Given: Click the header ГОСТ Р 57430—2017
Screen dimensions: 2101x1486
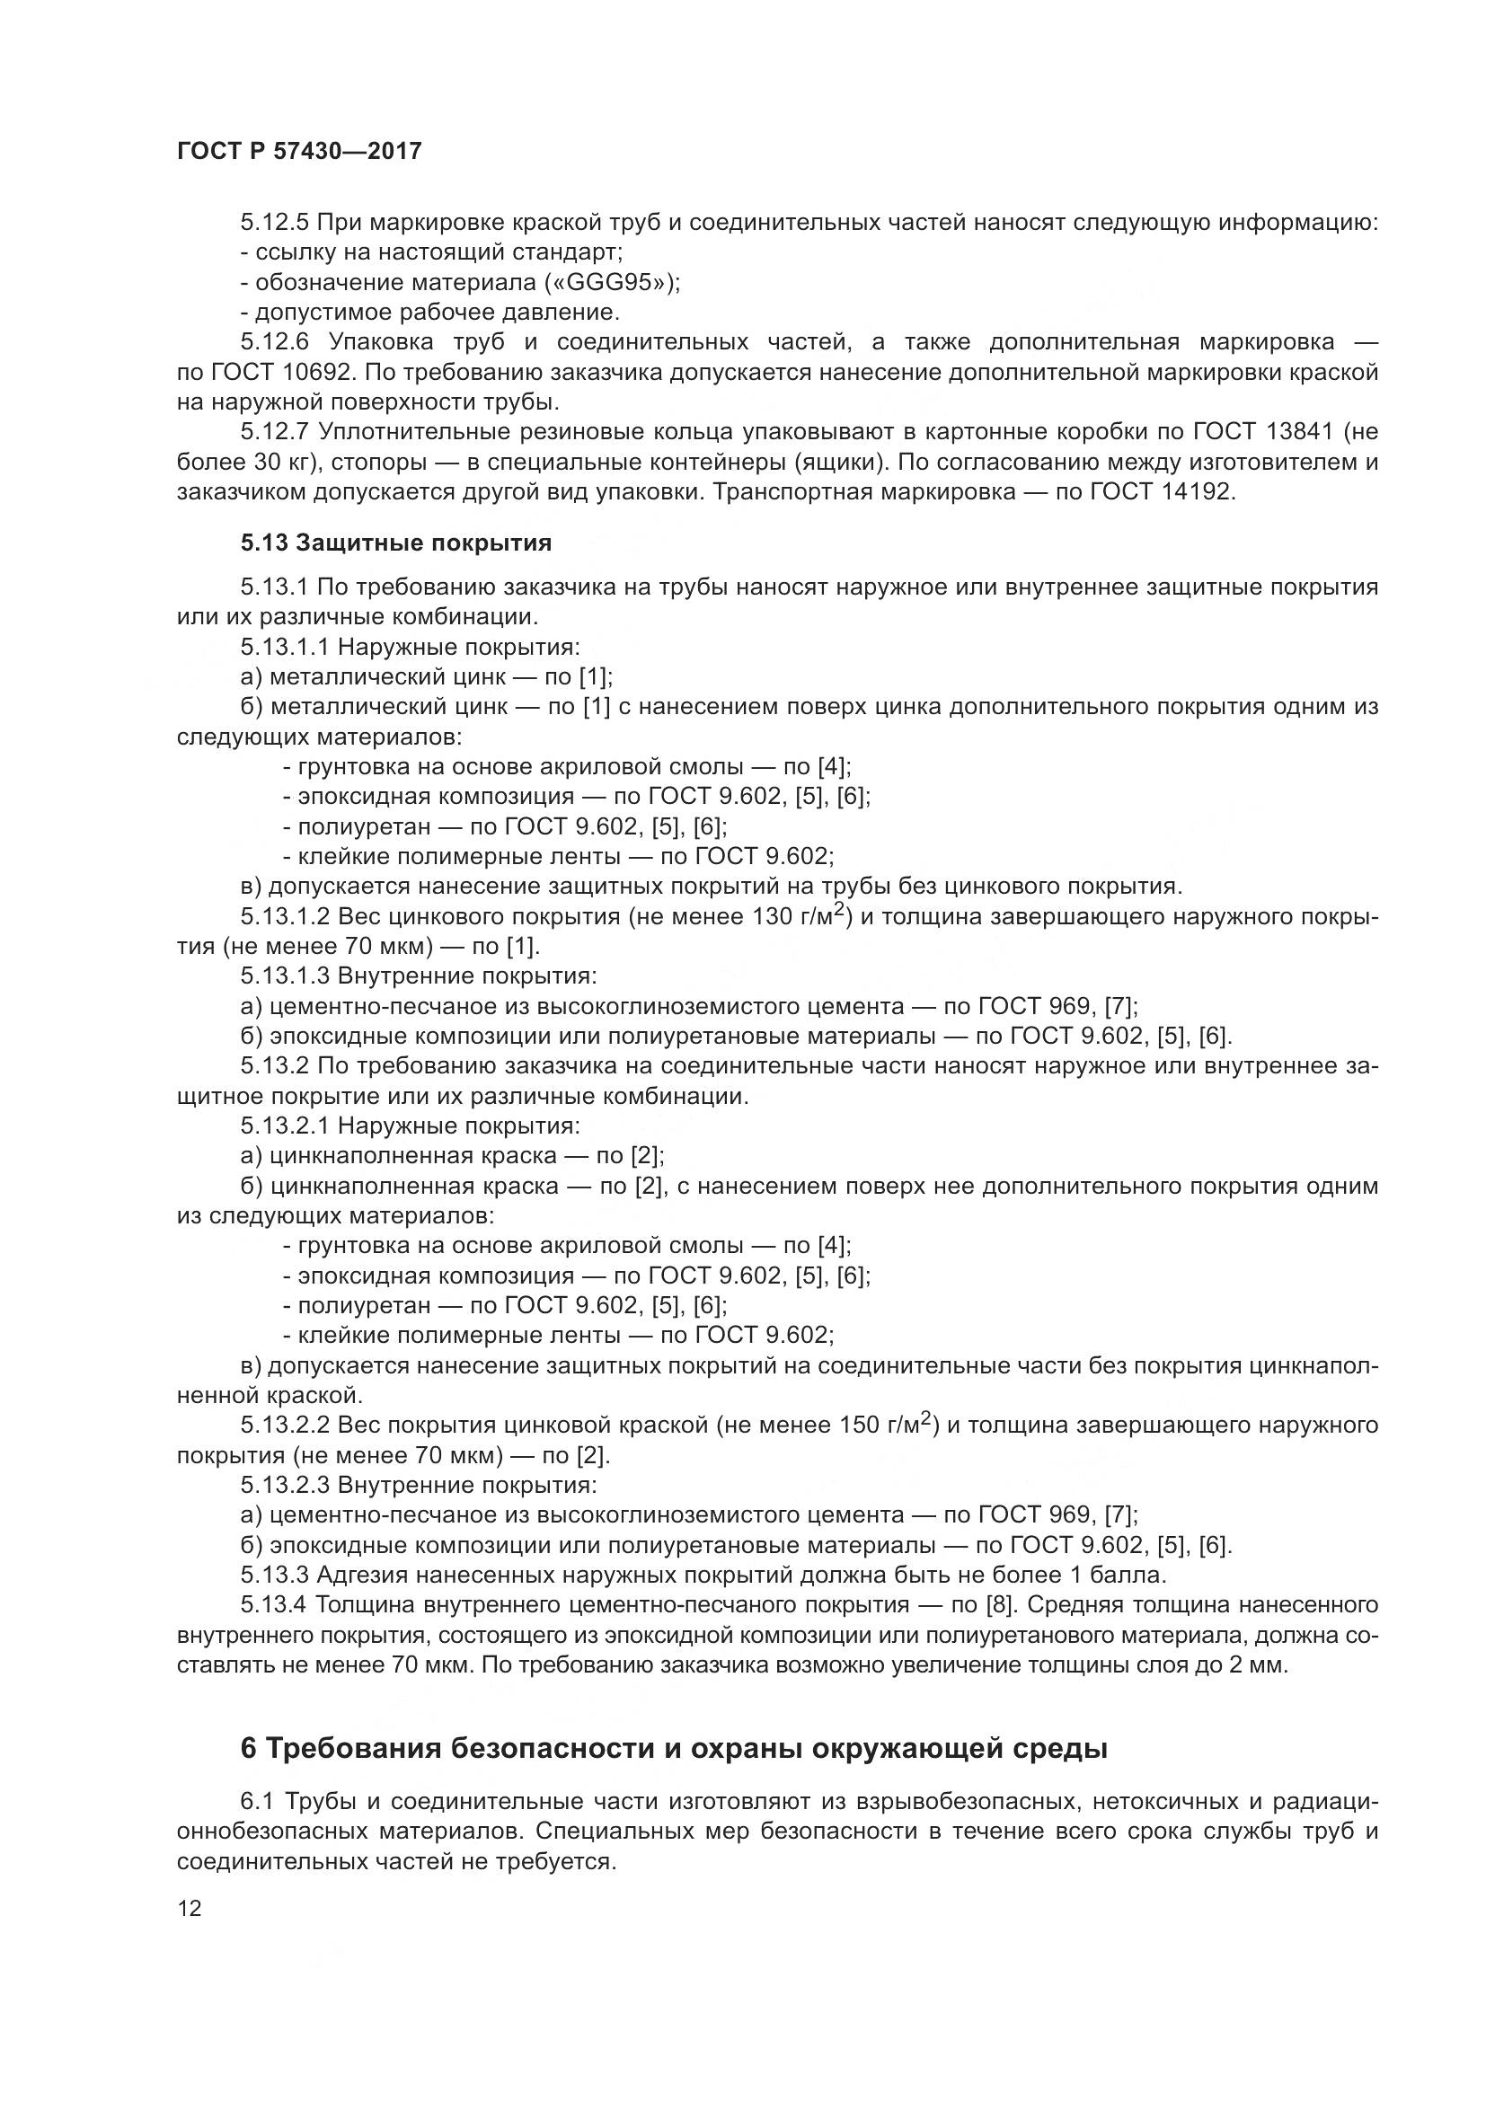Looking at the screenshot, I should (299, 151).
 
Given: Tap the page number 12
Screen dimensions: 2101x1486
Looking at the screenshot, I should (190, 1908).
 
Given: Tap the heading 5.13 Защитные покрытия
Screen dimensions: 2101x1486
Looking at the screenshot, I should (396, 543).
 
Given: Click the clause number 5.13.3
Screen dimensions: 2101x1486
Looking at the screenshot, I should (276, 1575).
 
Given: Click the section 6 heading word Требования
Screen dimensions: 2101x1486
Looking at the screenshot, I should (355, 1749).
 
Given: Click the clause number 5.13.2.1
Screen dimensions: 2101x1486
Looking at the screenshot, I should (285, 1126).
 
